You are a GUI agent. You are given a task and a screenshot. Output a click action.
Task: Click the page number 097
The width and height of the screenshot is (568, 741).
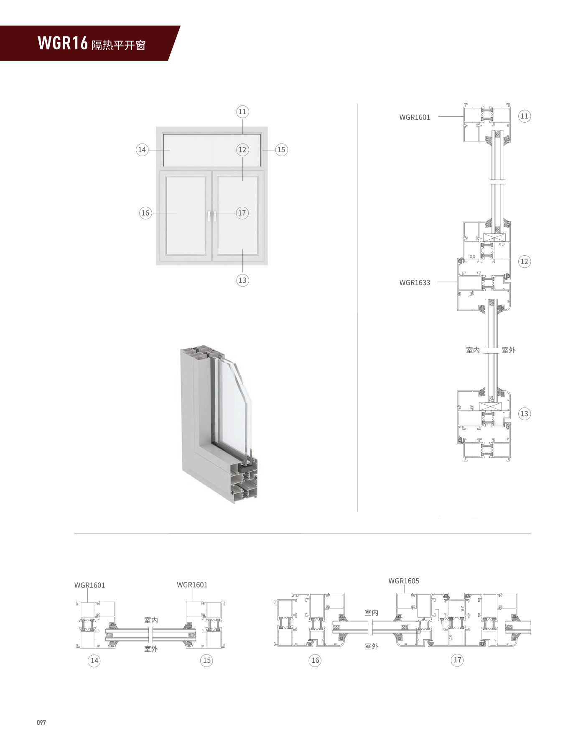pos(41,722)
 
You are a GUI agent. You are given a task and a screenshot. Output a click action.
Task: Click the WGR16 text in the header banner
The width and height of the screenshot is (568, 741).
pos(63,43)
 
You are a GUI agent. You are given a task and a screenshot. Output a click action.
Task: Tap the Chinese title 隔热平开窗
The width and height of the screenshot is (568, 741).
pos(119,45)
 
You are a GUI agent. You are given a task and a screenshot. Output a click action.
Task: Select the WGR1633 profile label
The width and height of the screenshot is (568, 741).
pos(415,282)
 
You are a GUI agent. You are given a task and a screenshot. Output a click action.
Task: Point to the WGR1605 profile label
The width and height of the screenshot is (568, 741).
pos(404,581)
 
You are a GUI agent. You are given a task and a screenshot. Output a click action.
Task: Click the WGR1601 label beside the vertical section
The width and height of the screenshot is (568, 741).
pos(415,117)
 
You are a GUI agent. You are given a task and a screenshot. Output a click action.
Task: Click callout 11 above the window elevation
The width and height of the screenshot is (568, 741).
pos(242,112)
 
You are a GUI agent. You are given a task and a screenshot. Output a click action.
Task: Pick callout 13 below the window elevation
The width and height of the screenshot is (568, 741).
pos(242,280)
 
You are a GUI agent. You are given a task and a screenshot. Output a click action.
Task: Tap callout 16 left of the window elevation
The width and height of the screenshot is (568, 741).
pos(145,213)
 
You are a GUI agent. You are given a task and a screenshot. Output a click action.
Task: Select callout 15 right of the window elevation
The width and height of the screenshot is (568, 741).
pos(281,150)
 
